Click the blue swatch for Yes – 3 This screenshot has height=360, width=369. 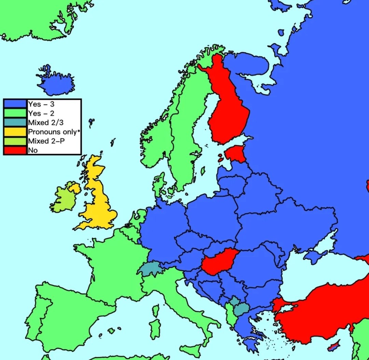point(15,104)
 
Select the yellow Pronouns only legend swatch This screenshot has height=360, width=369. point(15,131)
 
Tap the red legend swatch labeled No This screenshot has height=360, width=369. point(15,150)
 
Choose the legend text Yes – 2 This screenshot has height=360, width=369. point(41,113)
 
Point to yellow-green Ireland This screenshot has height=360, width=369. point(65,200)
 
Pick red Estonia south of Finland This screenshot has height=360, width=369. point(236,154)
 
